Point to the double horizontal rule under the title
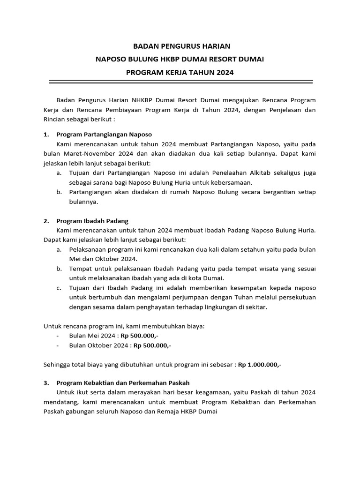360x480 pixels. coord(181,82)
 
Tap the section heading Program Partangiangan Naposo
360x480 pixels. coord(104,135)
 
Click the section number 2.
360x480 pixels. coord(46,221)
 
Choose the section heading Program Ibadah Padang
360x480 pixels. coord(92,221)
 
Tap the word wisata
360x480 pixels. coord(252,269)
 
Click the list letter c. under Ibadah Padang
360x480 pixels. coord(59,287)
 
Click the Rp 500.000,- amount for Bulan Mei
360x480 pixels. coord(139,336)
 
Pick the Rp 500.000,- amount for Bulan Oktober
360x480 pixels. coord(152,345)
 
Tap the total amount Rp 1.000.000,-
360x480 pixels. coord(260,364)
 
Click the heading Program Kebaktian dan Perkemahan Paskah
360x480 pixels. coord(122,383)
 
